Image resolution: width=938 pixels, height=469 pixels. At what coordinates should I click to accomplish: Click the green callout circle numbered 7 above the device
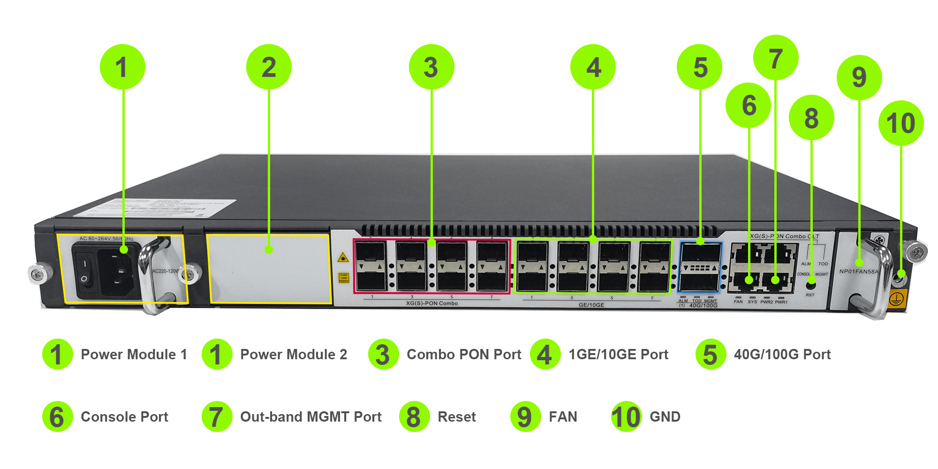point(776,58)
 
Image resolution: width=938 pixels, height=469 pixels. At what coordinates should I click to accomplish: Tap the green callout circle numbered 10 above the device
point(901,123)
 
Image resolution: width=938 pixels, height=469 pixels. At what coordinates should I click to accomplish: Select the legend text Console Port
point(124,416)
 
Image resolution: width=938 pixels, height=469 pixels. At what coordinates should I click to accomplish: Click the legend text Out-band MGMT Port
point(310,416)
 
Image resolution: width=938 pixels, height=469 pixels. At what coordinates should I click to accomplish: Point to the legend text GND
point(665,416)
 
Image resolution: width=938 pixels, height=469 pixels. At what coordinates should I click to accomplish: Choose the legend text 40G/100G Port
point(782,354)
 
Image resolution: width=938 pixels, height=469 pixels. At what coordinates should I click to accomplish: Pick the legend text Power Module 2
point(294,354)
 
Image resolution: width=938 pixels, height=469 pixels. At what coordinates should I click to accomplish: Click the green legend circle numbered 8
point(414,416)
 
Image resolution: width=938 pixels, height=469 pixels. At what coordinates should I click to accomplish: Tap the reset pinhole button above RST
point(810,285)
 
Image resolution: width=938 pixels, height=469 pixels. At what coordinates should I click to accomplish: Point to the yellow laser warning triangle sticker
point(343,257)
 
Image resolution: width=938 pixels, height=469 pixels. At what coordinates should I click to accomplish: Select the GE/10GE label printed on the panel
point(591,305)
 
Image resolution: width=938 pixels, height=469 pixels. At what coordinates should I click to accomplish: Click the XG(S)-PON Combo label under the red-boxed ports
point(431,303)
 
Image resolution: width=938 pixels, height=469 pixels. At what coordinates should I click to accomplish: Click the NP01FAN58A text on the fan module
point(858,272)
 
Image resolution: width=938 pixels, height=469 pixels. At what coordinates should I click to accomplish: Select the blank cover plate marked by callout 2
point(269,269)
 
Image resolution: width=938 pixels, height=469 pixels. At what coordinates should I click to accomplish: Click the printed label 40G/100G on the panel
point(703,306)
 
